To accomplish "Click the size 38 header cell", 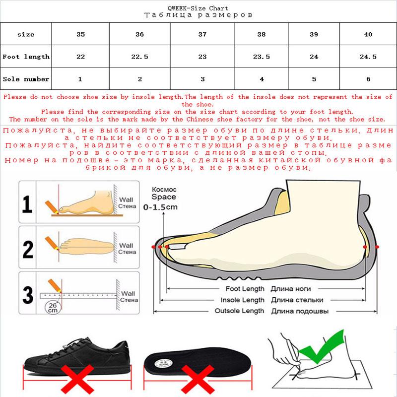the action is click(x=262, y=34).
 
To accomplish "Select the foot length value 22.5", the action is click(x=139, y=57).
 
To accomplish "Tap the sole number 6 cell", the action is click(x=368, y=79).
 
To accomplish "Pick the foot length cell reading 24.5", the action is click(x=368, y=57).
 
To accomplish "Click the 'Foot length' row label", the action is click(x=26, y=57).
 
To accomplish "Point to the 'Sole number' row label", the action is click(x=26, y=79).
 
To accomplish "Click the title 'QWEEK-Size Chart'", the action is click(x=198, y=8).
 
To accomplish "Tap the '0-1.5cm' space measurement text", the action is click(x=160, y=207).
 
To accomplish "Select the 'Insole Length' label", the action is click(x=242, y=300).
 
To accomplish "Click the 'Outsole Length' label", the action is click(x=239, y=311).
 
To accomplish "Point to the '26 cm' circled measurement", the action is click(x=53, y=308).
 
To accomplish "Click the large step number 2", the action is click(x=28, y=249).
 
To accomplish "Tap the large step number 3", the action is click(x=28, y=295).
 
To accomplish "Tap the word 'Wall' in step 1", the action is click(x=126, y=200).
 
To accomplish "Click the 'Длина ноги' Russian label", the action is click(x=291, y=289).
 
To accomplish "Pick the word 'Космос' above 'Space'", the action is click(x=164, y=190).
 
